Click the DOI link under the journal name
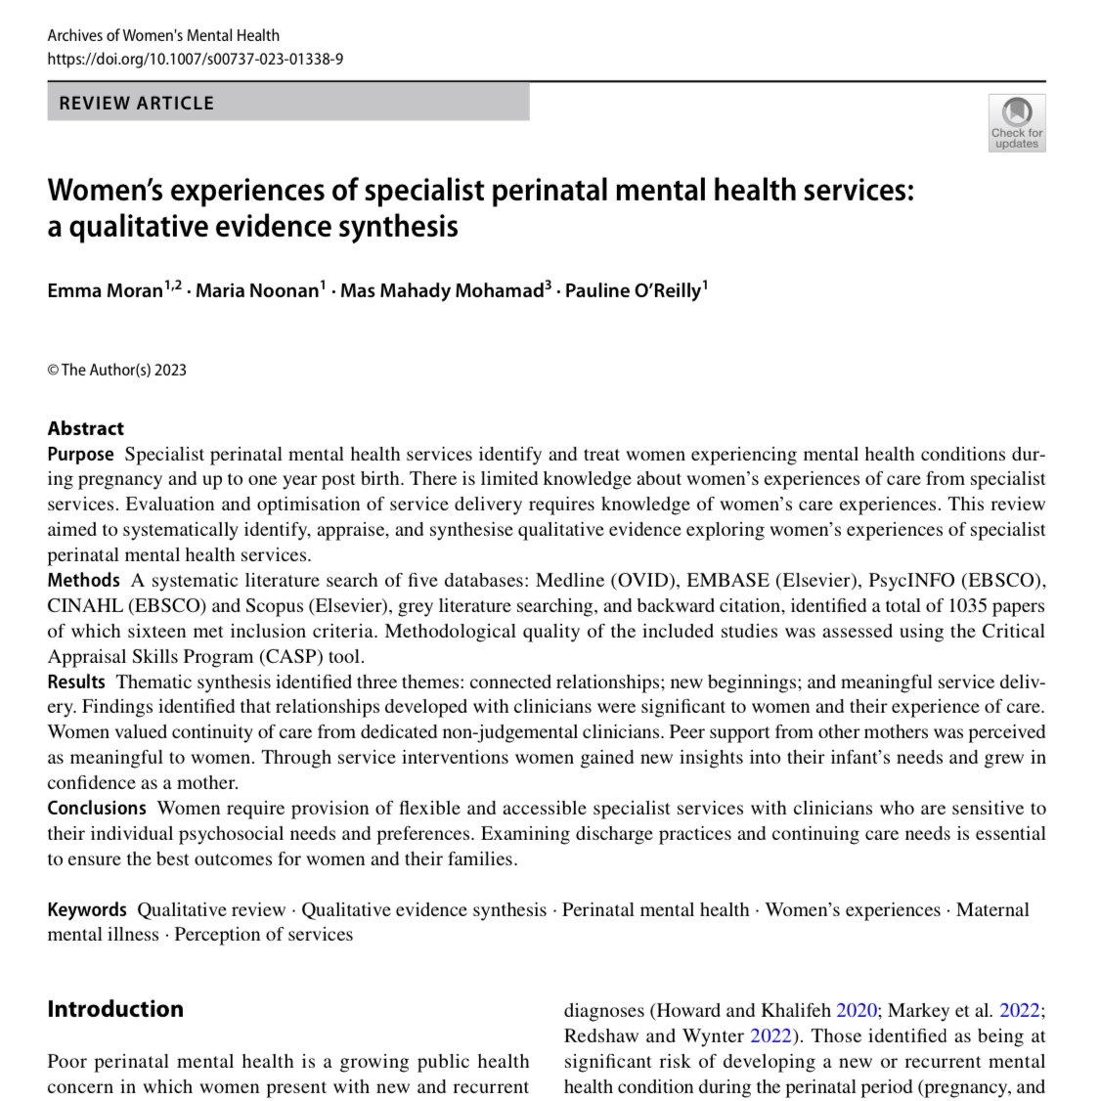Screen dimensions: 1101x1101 pos(196,59)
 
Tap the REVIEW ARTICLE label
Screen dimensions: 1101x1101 pos(137,103)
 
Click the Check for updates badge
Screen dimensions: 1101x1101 pos(1017,123)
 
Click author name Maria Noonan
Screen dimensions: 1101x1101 pos(257,291)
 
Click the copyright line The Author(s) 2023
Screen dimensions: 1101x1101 pos(117,370)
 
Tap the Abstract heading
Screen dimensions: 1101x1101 pos(86,428)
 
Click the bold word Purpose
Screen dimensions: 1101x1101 pos(81,455)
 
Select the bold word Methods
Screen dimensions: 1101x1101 pos(84,581)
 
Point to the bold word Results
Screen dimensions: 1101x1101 pos(76,682)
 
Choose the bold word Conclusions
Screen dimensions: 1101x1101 pos(97,809)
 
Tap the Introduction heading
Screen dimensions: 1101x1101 pos(115,1009)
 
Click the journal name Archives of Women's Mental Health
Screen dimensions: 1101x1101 pos(163,36)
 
